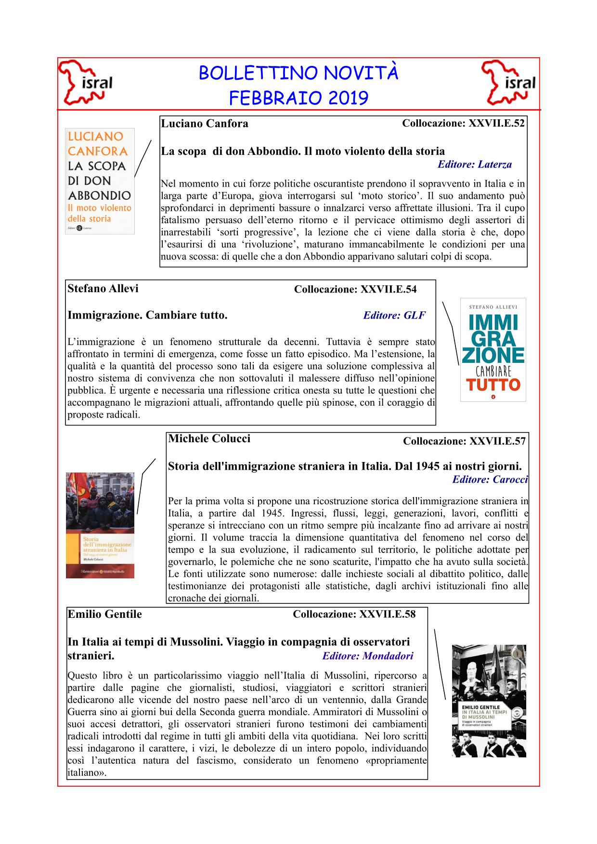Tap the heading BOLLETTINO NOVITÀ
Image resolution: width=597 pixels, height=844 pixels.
tap(298, 73)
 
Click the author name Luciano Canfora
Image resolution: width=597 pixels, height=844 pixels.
tap(205, 124)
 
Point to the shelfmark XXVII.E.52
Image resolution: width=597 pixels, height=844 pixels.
tap(496, 123)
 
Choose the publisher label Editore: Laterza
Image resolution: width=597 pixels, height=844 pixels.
tap(474, 165)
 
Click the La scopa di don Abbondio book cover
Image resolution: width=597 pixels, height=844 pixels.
tap(100, 181)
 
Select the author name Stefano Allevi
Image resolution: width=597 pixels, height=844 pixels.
tap(103, 288)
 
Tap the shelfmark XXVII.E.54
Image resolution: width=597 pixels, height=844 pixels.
tap(389, 289)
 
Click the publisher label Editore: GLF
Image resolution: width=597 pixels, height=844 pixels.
tap(394, 316)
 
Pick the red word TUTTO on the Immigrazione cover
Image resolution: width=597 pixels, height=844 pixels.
tap(493, 385)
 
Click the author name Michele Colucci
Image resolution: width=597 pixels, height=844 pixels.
tap(209, 439)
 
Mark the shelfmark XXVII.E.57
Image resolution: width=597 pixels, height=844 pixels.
tap(497, 441)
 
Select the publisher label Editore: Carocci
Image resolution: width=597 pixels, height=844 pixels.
tap(490, 479)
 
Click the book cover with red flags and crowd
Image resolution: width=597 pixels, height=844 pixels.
tap(100, 525)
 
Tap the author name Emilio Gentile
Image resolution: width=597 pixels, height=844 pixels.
tap(105, 614)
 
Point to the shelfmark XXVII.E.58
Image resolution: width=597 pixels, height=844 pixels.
tap(387, 614)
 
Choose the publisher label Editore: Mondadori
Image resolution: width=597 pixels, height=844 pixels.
tap(368, 656)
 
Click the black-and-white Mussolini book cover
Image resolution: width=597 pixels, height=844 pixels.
tap(489, 701)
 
